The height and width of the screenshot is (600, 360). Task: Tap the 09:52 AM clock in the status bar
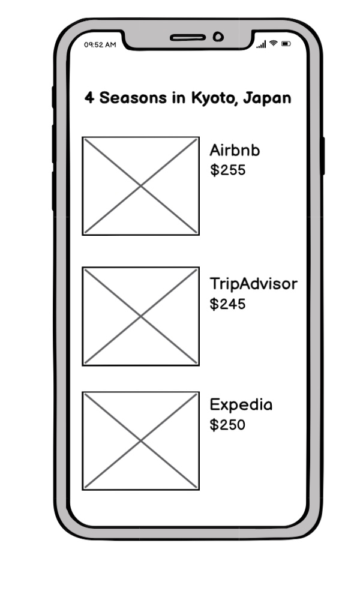[100, 45]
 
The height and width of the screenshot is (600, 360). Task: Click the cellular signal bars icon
[261, 44]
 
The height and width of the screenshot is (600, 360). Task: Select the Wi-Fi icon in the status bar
[273, 43]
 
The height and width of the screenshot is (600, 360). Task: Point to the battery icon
[286, 44]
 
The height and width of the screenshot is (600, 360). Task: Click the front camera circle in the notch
[218, 37]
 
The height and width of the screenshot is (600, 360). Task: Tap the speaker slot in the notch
[188, 37]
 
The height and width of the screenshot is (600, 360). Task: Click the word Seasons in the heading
[133, 98]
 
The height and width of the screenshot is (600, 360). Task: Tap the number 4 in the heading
[89, 98]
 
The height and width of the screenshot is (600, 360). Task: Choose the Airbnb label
[235, 151]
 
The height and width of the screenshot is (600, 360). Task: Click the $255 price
[227, 170]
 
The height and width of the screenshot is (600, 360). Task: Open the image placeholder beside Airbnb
[141, 186]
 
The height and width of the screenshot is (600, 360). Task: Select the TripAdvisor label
[253, 284]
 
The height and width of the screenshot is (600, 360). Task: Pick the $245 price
[227, 304]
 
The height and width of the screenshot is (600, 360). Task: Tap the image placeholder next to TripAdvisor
[141, 316]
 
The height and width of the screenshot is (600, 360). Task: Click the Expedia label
[241, 405]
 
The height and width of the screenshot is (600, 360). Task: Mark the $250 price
[227, 425]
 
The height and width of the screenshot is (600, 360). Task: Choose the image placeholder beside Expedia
[141, 441]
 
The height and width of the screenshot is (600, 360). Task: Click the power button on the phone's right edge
[323, 156]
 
